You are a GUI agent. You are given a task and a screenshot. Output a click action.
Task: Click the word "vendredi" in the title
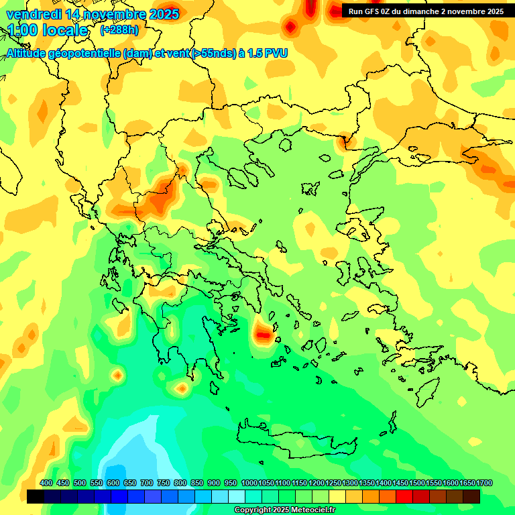pyautogui.click(x=33, y=14)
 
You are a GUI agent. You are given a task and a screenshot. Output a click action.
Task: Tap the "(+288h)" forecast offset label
pyautogui.click(x=120, y=30)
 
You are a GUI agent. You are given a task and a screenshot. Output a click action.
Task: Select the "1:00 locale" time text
pyautogui.click(x=48, y=31)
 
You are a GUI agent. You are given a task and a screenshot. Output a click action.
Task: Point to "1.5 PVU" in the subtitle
pyautogui.click(x=267, y=53)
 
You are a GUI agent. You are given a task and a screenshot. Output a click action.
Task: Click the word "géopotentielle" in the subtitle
pyautogui.click(x=85, y=53)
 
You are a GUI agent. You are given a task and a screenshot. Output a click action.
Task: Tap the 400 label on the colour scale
pyautogui.click(x=46, y=483)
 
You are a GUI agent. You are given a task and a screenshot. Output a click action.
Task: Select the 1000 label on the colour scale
pyautogui.click(x=249, y=483)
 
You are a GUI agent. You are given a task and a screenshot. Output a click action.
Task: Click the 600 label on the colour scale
pyautogui.click(x=113, y=483)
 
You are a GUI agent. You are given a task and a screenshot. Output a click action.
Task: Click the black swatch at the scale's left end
pyautogui.click(x=36, y=496)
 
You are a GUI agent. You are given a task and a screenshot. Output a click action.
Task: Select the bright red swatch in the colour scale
pyautogui.click(x=404, y=496)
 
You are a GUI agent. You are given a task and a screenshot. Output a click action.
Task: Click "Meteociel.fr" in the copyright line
pyautogui.click(x=308, y=510)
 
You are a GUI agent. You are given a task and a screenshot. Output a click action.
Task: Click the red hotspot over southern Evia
pyautogui.click(x=263, y=333)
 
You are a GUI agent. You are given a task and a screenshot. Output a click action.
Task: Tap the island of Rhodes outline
pyautogui.click(x=426, y=392)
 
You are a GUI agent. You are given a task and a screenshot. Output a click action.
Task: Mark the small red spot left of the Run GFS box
pyautogui.click(x=290, y=27)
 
